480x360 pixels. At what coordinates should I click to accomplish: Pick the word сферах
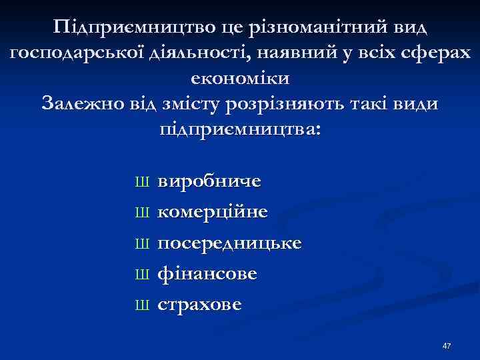(434, 55)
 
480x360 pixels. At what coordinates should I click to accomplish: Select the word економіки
(240, 79)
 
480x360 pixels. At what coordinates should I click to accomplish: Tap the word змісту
(200, 104)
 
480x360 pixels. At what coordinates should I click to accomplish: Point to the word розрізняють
(303, 104)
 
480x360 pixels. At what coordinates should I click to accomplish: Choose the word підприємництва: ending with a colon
(240, 129)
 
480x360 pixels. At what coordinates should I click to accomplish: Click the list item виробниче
(209, 181)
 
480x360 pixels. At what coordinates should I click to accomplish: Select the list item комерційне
(213, 213)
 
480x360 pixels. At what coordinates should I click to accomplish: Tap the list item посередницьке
(229, 243)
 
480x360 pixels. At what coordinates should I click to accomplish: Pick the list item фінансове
(207, 274)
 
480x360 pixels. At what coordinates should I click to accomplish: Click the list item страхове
(199, 305)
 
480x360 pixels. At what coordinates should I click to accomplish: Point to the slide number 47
(446, 346)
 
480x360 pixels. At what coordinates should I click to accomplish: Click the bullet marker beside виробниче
(141, 182)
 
